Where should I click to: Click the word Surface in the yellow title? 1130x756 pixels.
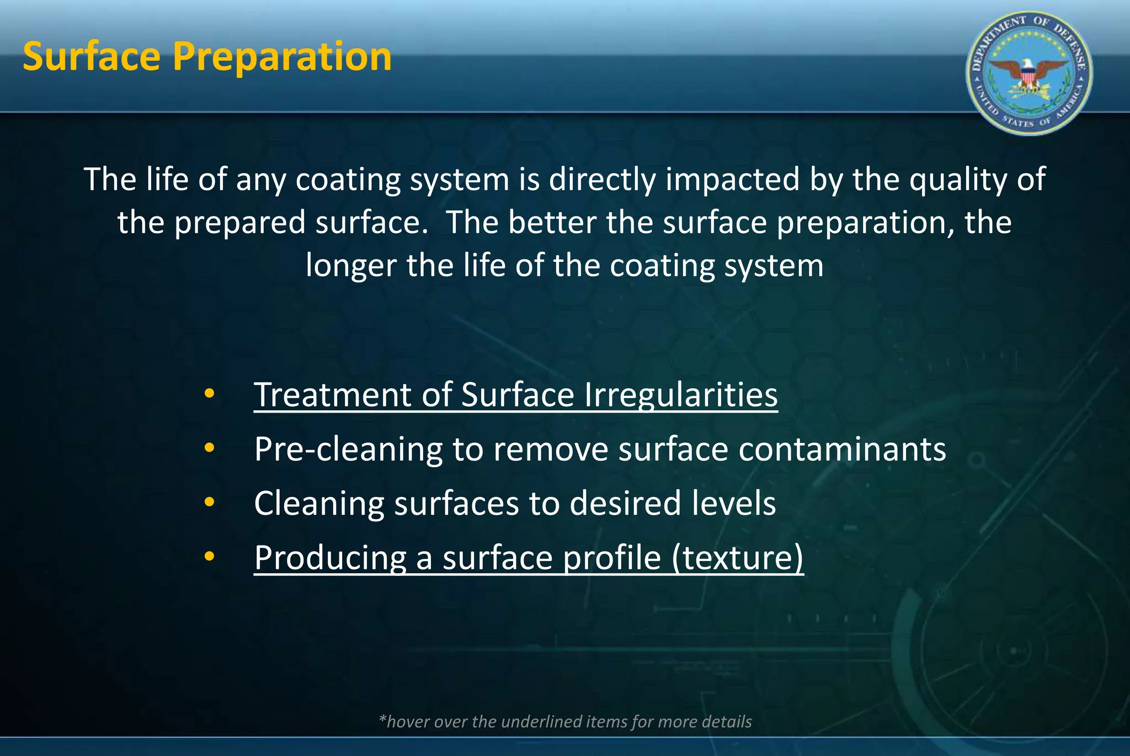92,57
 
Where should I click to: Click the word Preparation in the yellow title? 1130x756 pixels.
282,58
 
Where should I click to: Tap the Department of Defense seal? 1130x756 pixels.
1029,73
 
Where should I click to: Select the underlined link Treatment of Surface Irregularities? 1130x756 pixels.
515,395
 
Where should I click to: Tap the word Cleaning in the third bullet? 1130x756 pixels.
318,504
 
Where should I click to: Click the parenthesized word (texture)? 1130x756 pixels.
737,558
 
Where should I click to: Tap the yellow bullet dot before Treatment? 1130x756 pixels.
209,394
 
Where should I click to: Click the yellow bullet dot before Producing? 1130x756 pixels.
209,557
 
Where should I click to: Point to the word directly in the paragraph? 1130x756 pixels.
603,180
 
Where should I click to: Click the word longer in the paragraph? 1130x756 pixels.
351,266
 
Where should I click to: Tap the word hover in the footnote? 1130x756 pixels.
408,722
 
